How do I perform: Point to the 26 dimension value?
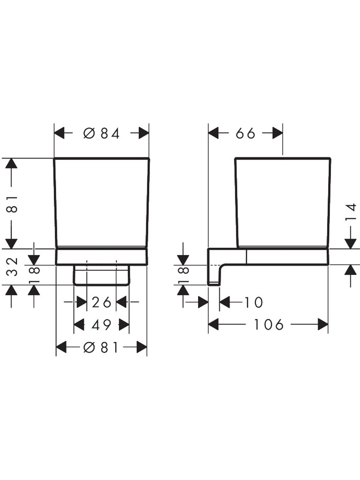tap(101, 303)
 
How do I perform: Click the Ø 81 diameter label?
tap(101, 347)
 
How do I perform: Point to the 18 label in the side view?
tap(183, 275)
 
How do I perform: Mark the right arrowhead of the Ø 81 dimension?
tap(141, 347)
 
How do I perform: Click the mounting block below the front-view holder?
tap(102, 275)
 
